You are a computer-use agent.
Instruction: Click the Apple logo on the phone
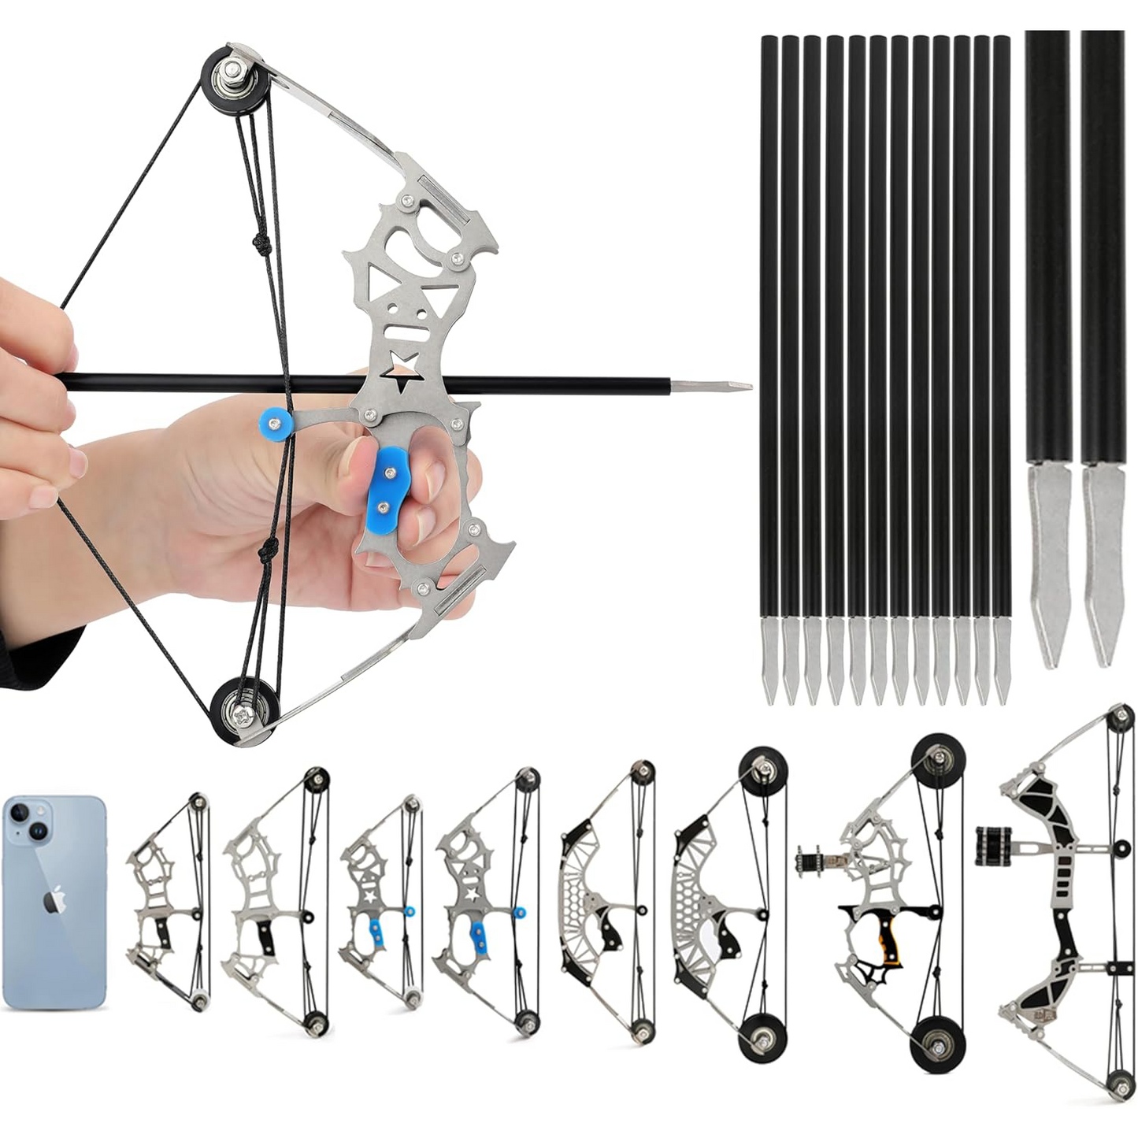54,899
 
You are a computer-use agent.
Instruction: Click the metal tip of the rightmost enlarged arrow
1103,563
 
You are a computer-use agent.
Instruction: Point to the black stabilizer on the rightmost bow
994,846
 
